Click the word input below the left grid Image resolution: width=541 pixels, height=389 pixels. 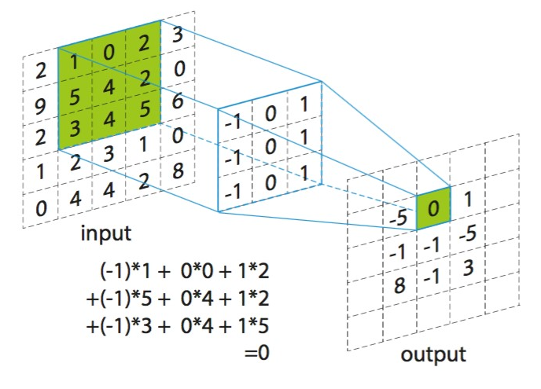(x=106, y=233)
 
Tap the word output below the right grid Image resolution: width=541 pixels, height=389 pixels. (x=433, y=354)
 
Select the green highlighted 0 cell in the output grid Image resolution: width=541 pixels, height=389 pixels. (x=433, y=208)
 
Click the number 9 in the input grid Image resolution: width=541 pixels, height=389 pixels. (x=40, y=106)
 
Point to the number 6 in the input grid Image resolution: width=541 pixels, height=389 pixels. (x=178, y=101)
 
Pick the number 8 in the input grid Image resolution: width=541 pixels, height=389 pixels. (x=178, y=171)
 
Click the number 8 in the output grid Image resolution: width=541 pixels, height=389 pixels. (x=399, y=286)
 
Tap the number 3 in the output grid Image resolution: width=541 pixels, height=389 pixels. (x=468, y=268)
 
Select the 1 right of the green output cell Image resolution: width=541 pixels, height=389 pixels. (x=468, y=199)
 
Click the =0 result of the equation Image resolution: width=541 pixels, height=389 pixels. (x=256, y=353)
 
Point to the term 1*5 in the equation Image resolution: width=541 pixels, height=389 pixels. (x=253, y=325)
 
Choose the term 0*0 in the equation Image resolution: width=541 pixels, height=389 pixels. (x=197, y=271)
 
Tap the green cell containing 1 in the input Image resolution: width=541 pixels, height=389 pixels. (x=75, y=64)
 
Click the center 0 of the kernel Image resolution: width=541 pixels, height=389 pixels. (x=270, y=147)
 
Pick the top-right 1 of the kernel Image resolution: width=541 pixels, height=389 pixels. (x=304, y=105)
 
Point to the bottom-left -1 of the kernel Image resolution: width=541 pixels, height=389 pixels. (x=233, y=192)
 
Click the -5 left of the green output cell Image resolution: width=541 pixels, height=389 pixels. (x=399, y=218)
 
